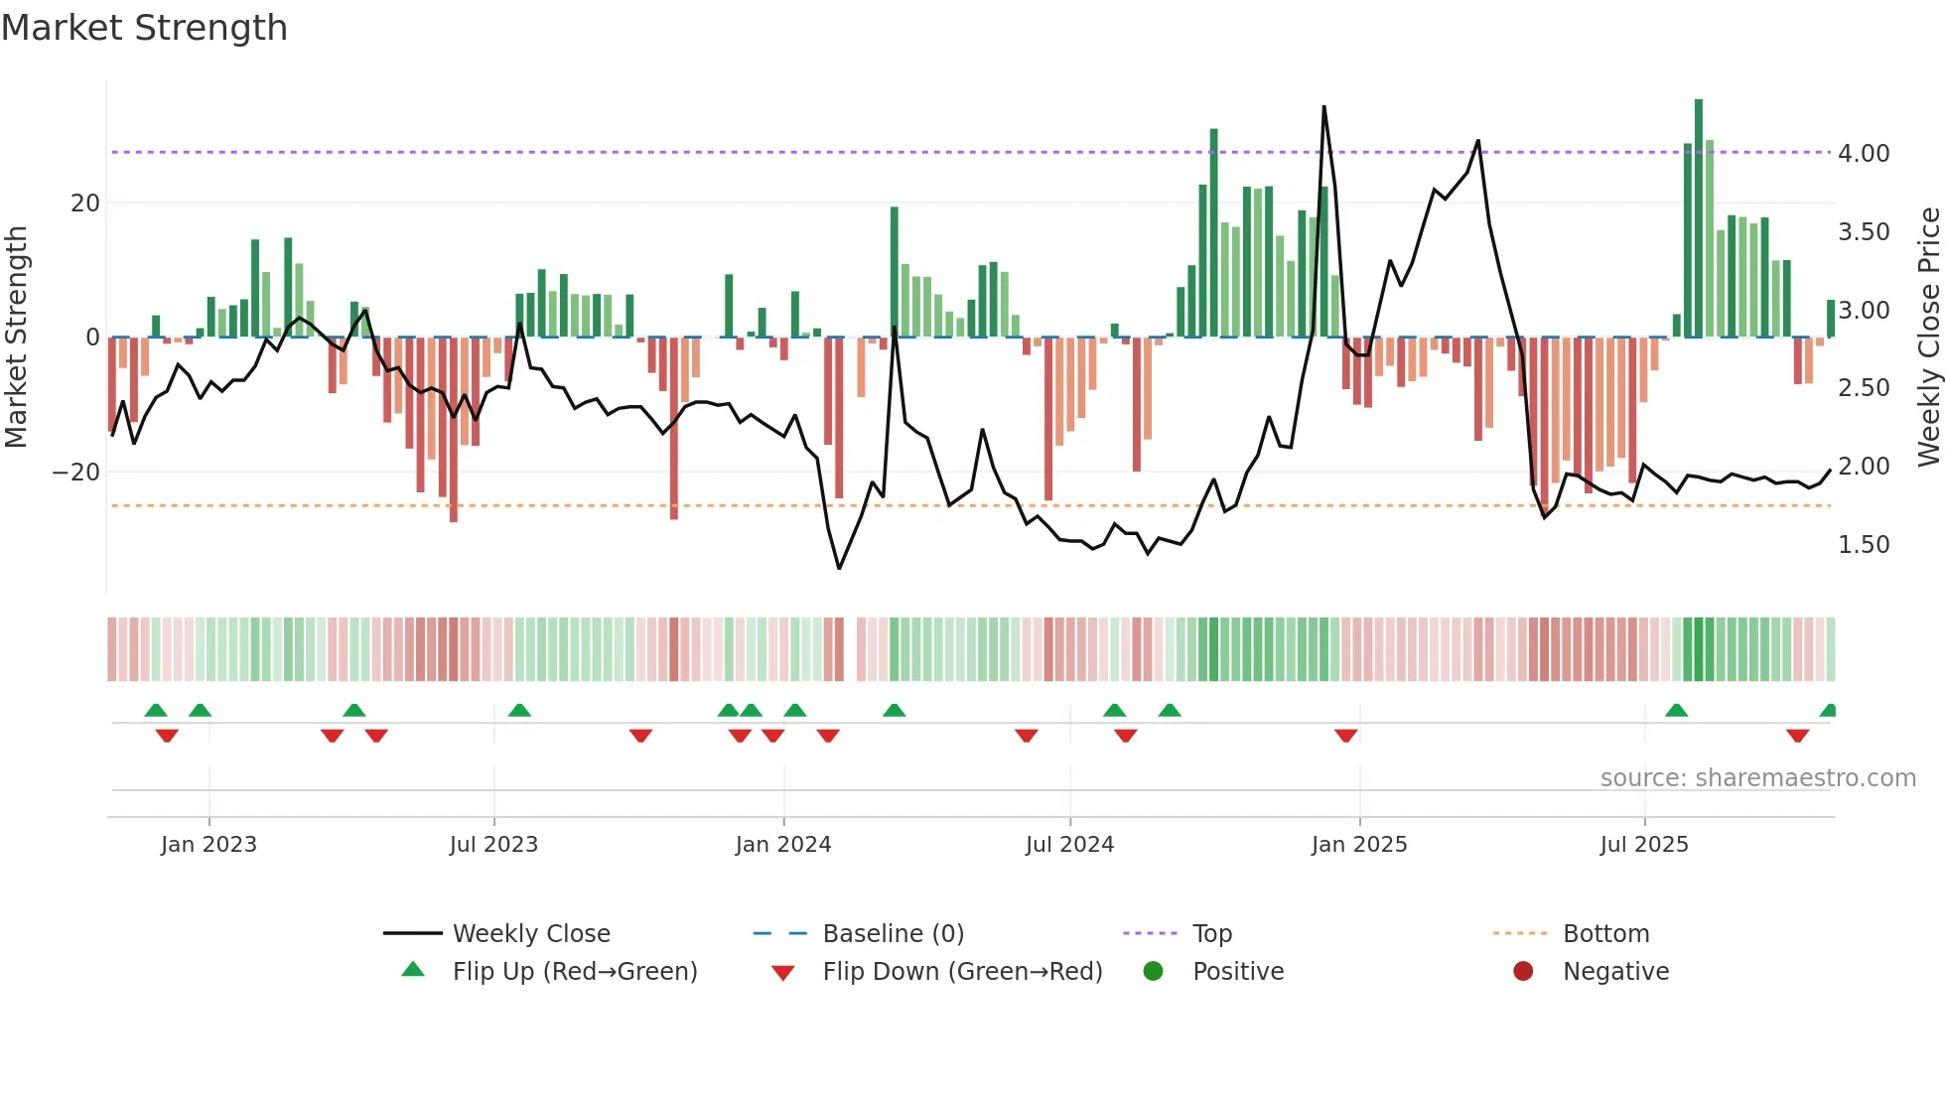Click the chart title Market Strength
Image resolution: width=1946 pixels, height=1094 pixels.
[x=144, y=28]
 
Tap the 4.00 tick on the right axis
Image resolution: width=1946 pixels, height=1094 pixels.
[x=1863, y=154]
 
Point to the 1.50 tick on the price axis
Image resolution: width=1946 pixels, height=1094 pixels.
[x=1863, y=545]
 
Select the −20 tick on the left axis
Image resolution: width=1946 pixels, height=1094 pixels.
[x=76, y=473]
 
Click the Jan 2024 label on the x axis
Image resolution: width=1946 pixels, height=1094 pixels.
[x=782, y=845]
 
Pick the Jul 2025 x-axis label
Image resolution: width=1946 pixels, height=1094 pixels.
[x=1643, y=845]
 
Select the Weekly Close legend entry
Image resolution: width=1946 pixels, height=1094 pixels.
[x=530, y=934]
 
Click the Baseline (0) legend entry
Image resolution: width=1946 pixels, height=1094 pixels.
[x=893, y=934]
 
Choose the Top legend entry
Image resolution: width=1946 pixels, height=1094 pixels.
[x=1211, y=934]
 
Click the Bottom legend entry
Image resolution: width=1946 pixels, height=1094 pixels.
[x=1605, y=934]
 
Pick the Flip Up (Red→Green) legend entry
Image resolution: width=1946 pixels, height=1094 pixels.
[x=574, y=972]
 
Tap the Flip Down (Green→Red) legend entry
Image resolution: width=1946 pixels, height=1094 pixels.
[x=961, y=972]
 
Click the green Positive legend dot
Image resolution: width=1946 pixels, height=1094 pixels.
[x=1153, y=972]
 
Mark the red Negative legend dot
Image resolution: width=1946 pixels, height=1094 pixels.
[x=1523, y=972]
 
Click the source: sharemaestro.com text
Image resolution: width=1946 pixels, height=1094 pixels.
[x=1757, y=778]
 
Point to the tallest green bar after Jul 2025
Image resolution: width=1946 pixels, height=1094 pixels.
[x=1699, y=218]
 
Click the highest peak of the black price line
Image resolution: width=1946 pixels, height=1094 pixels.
[x=1323, y=107]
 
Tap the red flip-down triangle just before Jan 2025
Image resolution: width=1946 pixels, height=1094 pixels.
[x=1345, y=736]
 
